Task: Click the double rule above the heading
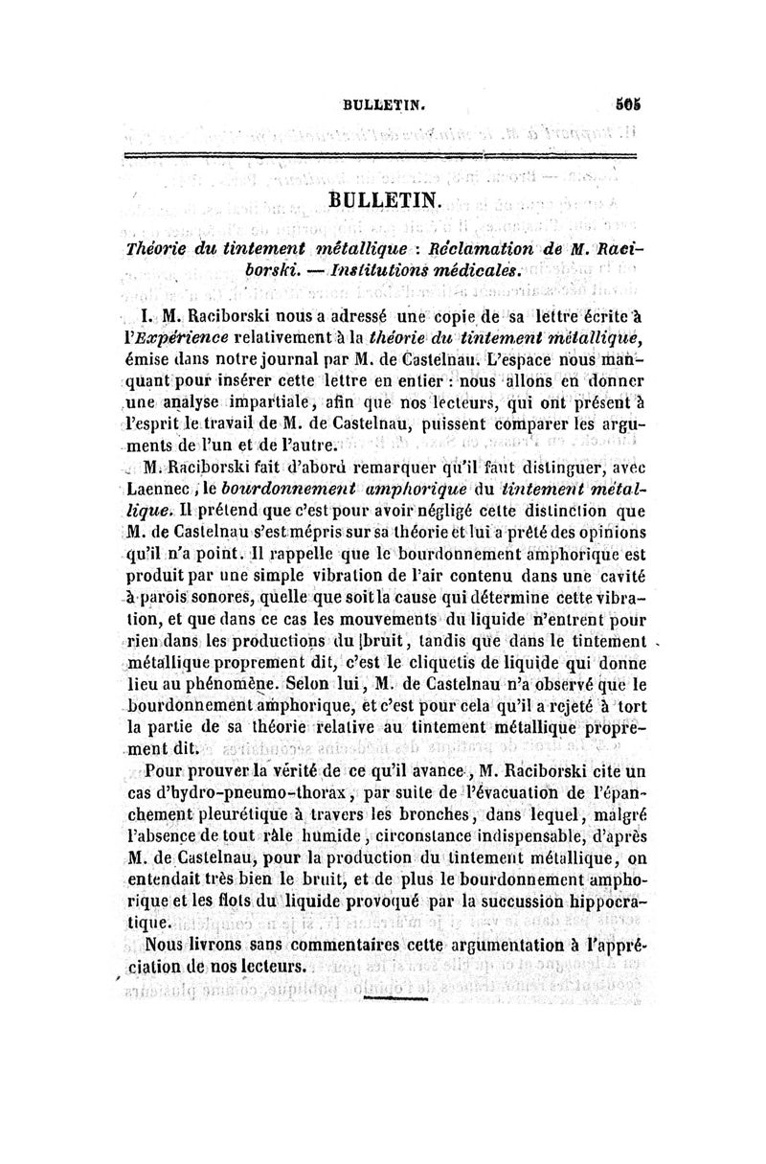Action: coord(383,155)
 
